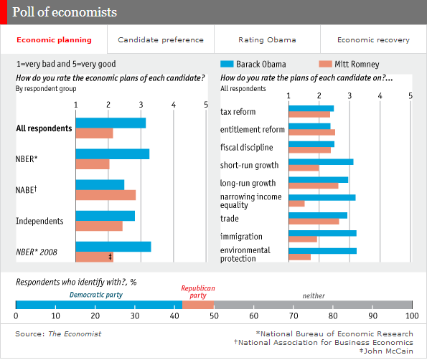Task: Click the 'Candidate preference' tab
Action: (x=160, y=40)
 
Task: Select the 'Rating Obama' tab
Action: (x=267, y=40)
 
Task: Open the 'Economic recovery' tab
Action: (x=373, y=40)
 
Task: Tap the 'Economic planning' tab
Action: (x=54, y=40)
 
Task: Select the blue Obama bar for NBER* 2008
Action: (x=113, y=247)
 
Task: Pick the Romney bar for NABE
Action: (x=105, y=195)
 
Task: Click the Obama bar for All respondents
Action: (x=111, y=123)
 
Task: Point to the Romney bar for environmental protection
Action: (x=299, y=257)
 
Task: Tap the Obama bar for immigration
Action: (x=322, y=233)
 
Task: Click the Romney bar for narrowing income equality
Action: (x=296, y=204)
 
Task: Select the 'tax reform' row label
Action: (x=238, y=112)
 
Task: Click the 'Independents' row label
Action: (x=39, y=221)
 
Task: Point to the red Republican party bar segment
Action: (x=198, y=305)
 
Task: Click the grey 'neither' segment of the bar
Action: (x=313, y=305)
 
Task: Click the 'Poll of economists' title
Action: (x=65, y=13)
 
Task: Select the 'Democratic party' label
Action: (x=95, y=294)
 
